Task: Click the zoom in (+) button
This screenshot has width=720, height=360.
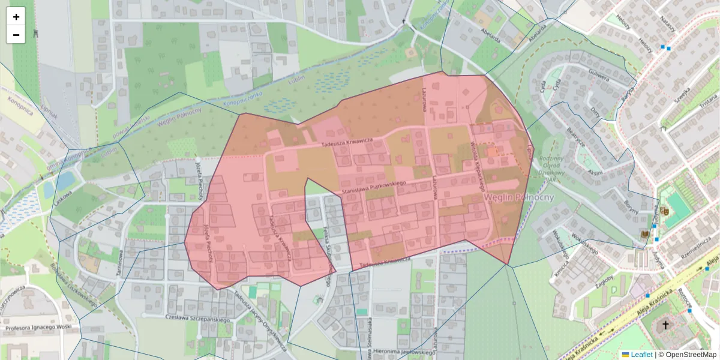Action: (16, 17)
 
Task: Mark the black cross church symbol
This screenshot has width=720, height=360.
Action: (665, 325)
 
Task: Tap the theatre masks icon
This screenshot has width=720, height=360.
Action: (664, 211)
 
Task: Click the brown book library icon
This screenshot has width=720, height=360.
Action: (645, 234)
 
